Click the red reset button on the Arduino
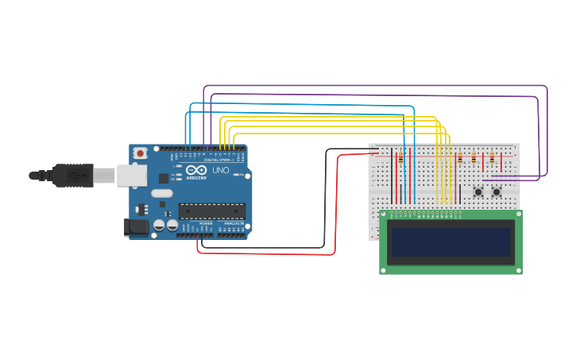coord(140,153)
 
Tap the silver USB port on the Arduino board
coord(132,175)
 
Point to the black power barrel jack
coord(136,226)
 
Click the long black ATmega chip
coord(211,211)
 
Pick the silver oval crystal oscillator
coord(162,193)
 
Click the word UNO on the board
coord(219,170)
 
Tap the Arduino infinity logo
coord(195,170)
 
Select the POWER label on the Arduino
coord(205,223)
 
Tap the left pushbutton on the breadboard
coord(478,192)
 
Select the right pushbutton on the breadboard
coord(497,192)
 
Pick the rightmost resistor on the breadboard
coord(492,157)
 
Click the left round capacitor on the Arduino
coord(160,226)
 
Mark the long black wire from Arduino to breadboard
coord(325,199)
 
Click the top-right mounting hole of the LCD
coord(518,215)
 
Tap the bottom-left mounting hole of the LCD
coord(385,270)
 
